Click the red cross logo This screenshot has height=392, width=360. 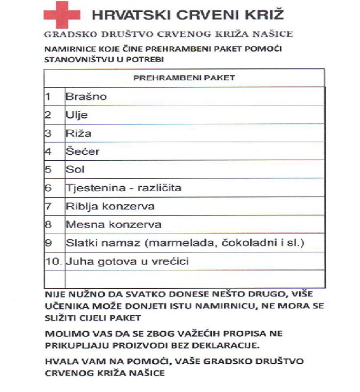[64, 15]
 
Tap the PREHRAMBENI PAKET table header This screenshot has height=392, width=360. [184, 77]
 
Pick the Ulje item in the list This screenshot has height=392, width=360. [76, 115]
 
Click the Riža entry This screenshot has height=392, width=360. [78, 134]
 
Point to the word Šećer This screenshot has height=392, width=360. [83, 151]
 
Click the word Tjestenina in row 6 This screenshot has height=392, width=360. [92, 188]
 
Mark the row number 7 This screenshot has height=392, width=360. [48, 206]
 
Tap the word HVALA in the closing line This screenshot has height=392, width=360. [60, 361]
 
